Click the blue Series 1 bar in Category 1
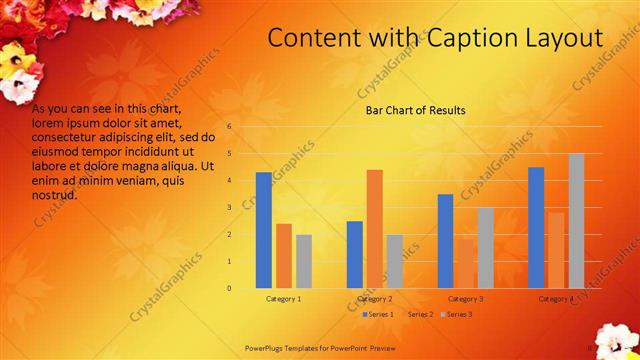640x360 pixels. pyautogui.click(x=263, y=230)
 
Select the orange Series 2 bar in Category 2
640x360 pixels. pyautogui.click(x=374, y=229)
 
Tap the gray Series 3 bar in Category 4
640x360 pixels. pyautogui.click(x=576, y=221)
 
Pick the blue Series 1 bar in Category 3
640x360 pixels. pyautogui.click(x=445, y=241)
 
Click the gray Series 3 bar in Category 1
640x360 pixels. pyautogui.click(x=304, y=261)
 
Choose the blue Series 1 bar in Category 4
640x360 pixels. pyautogui.click(x=536, y=227)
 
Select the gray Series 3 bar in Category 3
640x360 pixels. pyautogui.click(x=485, y=248)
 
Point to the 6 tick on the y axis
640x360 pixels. pyautogui.click(x=229, y=127)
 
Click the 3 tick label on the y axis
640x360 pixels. pyautogui.click(x=229, y=208)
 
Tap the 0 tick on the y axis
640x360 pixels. pyautogui.click(x=229, y=289)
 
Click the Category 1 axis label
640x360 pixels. pyautogui.click(x=284, y=299)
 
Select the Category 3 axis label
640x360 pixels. pyautogui.click(x=465, y=299)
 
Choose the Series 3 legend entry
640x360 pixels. pyautogui.click(x=458, y=314)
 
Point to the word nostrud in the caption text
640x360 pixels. pyautogui.click(x=55, y=195)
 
